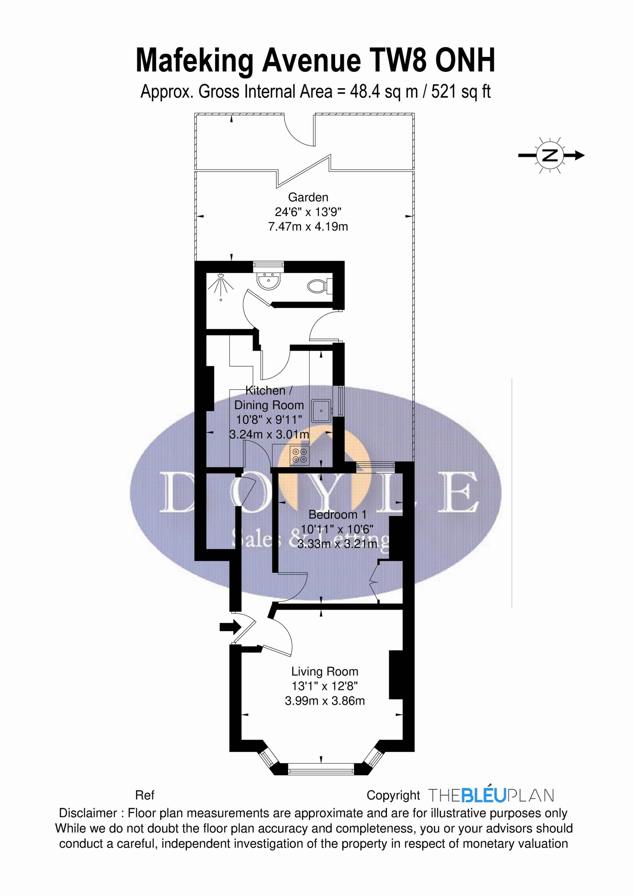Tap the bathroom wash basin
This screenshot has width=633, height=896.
[x=267, y=281]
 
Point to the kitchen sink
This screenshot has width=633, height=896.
[x=321, y=410]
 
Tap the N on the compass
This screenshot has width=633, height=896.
[x=550, y=155]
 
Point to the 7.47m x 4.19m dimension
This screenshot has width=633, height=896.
[x=308, y=227]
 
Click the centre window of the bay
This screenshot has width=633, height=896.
[x=321, y=771]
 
